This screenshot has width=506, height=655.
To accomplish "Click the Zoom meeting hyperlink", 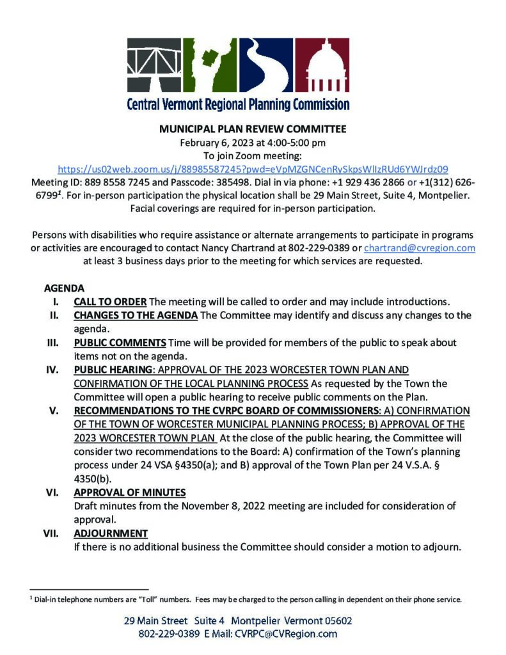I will click(253, 170).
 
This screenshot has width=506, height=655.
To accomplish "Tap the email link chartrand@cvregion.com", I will click(419, 248).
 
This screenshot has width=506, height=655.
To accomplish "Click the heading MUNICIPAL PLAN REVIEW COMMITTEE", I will click(253, 128).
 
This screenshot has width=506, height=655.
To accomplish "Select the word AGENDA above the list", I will click(64, 288).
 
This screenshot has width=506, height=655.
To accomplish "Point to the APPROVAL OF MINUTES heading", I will click(130, 493).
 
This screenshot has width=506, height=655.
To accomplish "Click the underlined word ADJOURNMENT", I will click(111, 533).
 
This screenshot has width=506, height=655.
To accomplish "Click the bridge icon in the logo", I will click(154, 65).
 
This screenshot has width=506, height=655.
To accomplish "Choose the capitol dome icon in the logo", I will click(326, 65).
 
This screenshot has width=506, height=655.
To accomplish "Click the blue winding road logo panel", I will click(268, 65).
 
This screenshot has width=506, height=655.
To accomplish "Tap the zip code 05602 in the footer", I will click(335, 620).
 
